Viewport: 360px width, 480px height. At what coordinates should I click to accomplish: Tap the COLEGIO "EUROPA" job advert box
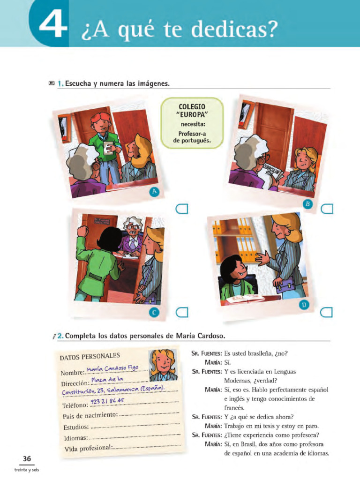point(192,123)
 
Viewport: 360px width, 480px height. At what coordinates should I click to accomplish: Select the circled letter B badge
point(307,203)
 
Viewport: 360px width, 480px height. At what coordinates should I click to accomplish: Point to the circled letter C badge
point(155,312)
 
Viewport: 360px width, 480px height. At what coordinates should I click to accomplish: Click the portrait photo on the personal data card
point(163,366)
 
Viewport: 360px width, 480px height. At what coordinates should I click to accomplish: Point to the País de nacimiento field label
point(90,416)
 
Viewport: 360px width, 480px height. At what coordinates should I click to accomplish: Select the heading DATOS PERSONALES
point(90,356)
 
